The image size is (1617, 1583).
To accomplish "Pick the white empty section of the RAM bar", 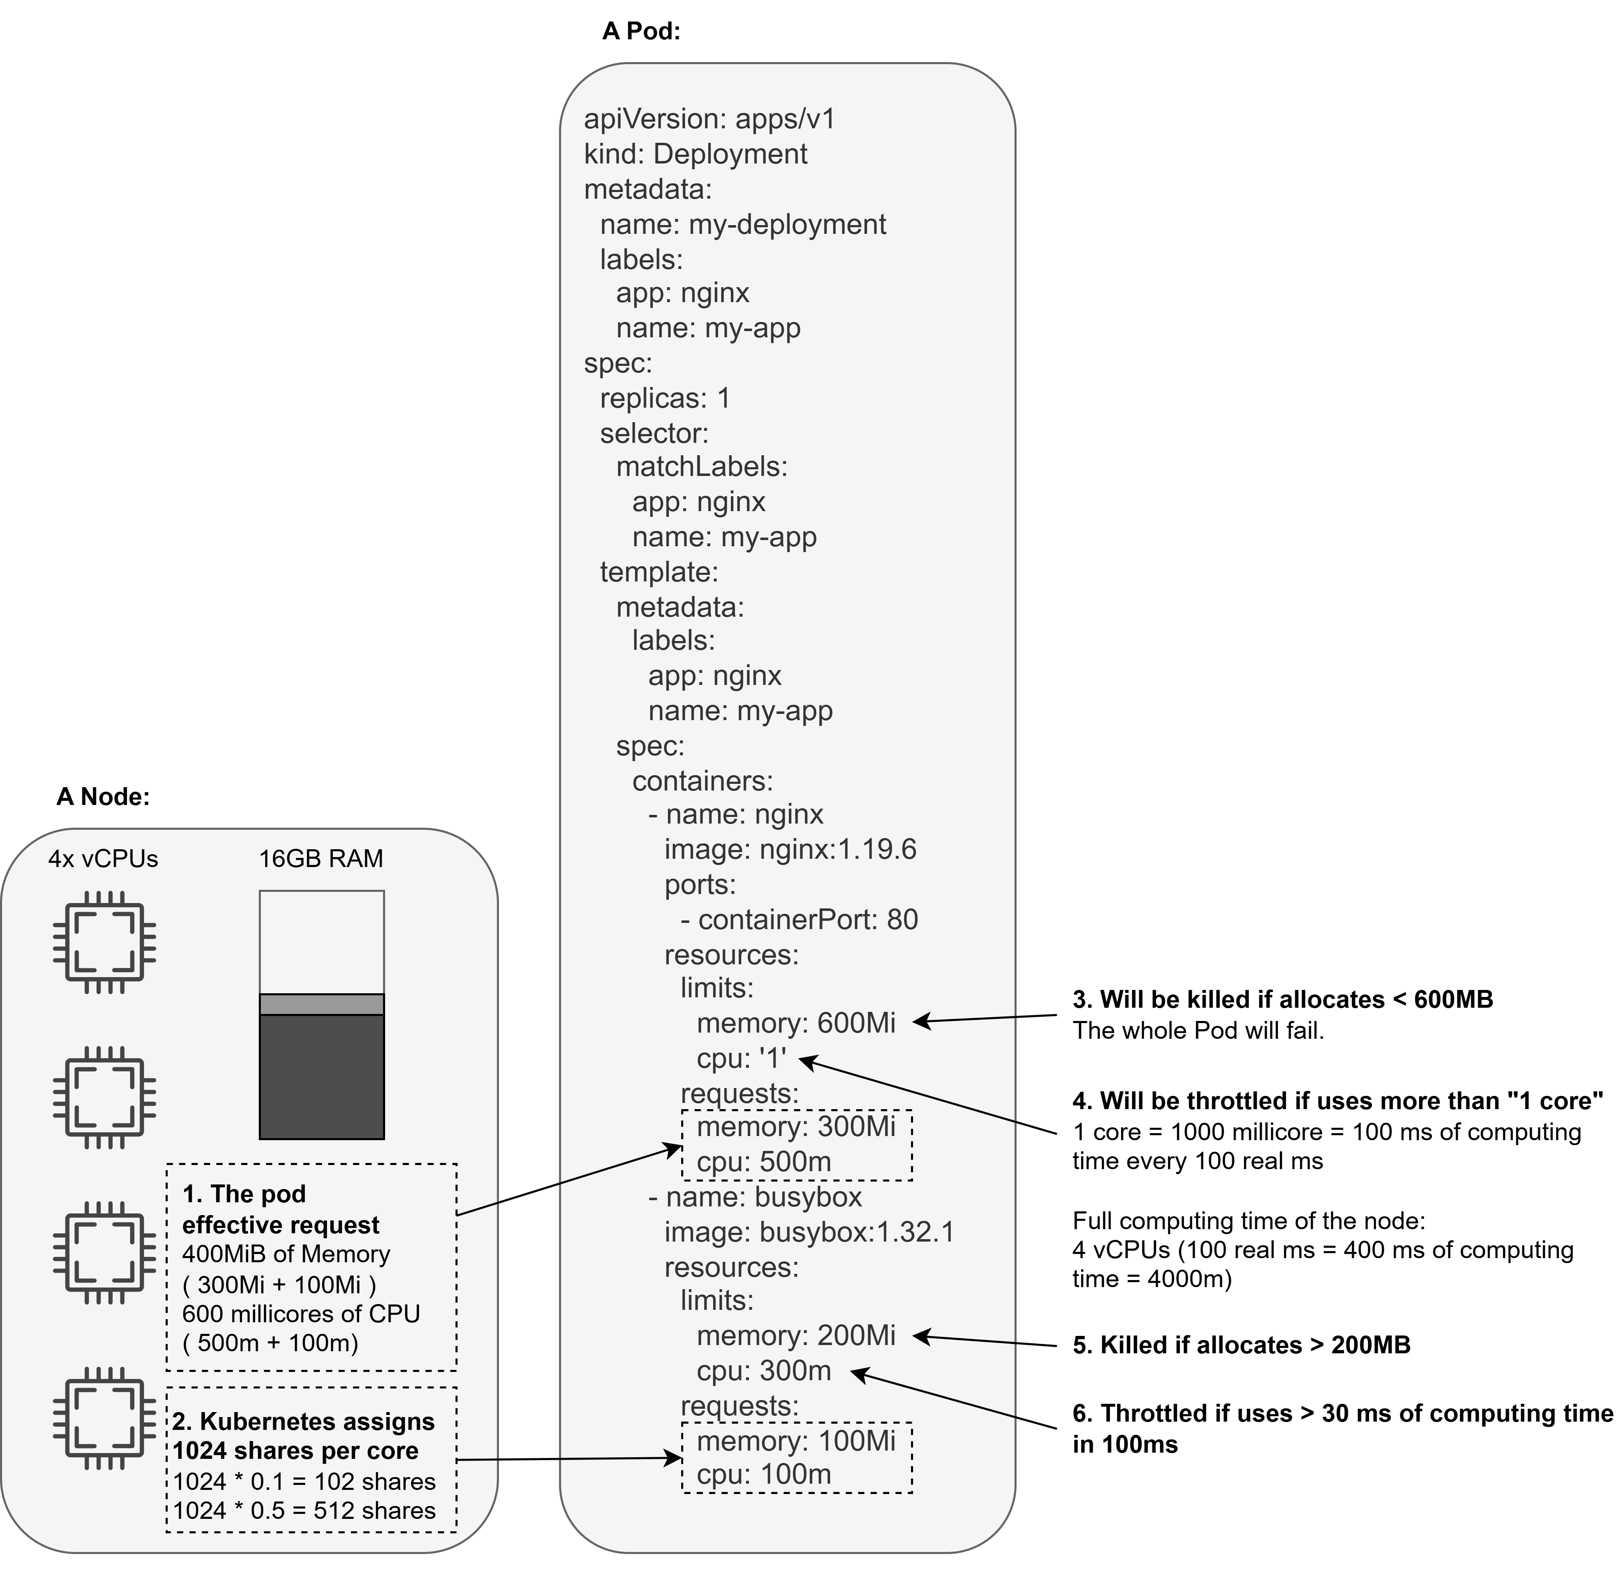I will pos(321,941).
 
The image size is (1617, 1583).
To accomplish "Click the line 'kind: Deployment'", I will pos(695,154).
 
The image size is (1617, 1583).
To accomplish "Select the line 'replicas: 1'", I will pos(665,398).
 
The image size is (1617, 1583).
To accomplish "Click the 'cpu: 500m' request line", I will pos(764,1161).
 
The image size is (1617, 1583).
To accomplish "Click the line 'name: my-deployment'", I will pos(743,224).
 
